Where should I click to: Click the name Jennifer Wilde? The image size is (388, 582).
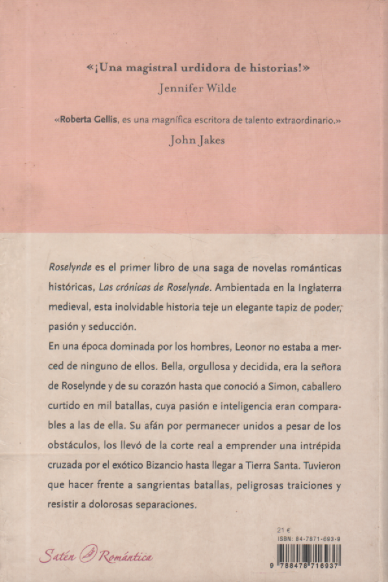coord(197,90)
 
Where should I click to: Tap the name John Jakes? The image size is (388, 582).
coord(197,139)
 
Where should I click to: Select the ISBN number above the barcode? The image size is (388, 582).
coord(313,537)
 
